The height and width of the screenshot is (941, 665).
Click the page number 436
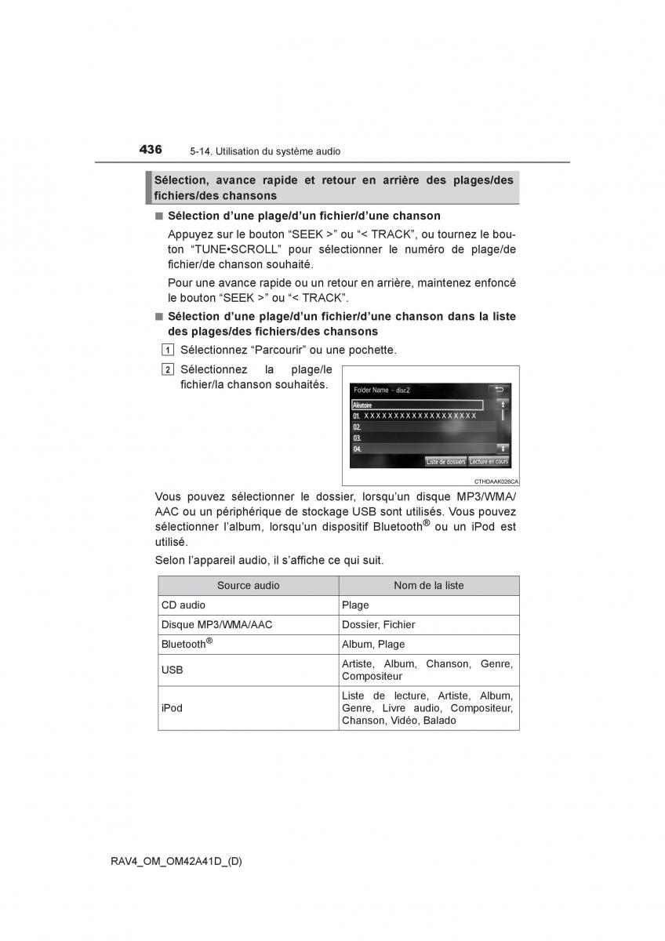[x=151, y=149]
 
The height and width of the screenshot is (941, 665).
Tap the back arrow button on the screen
[x=498, y=389]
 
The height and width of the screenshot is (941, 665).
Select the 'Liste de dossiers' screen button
[x=445, y=462]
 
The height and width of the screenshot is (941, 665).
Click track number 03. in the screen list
[x=358, y=438]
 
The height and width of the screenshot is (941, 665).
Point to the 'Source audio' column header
[x=248, y=586]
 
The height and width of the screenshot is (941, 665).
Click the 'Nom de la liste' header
[x=428, y=586]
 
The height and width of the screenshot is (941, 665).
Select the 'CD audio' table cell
[x=184, y=605]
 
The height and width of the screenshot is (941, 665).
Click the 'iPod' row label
[x=172, y=708]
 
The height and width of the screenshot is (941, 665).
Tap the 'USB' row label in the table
[x=173, y=670]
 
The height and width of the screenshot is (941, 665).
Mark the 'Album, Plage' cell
[x=373, y=645]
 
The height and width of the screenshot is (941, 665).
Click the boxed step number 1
[x=169, y=350]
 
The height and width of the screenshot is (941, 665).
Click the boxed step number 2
[x=169, y=369]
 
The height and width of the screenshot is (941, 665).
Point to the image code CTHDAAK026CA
[x=496, y=481]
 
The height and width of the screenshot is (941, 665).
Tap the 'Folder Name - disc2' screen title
[x=382, y=390]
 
